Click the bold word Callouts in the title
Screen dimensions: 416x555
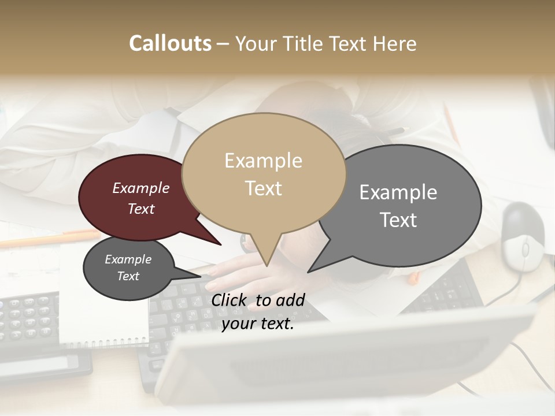(x=170, y=43)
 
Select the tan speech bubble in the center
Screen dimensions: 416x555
(x=264, y=173)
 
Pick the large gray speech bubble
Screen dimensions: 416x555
(x=399, y=206)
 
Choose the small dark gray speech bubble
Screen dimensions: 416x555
(x=128, y=268)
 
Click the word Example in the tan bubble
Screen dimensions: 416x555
(x=263, y=161)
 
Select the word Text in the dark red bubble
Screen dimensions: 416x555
(x=141, y=209)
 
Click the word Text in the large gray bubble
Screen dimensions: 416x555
(x=398, y=220)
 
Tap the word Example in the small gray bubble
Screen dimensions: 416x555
(x=128, y=259)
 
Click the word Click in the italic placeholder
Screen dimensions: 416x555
(x=230, y=300)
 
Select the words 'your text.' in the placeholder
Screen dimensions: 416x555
(x=257, y=324)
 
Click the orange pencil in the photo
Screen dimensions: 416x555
(x=52, y=238)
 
